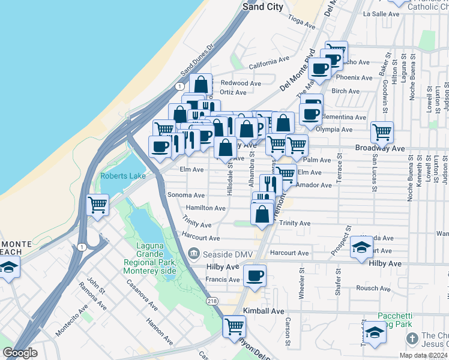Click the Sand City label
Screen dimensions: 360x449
click(x=262, y=7)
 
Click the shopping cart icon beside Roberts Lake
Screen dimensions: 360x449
click(x=98, y=205)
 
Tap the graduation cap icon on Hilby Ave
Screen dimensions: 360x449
click(x=361, y=247)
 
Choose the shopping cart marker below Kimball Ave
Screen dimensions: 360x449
click(x=234, y=327)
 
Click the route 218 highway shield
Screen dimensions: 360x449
click(x=211, y=301)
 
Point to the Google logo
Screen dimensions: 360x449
click(x=20, y=353)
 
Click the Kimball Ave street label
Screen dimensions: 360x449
click(x=264, y=311)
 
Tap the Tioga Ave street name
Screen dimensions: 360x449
click(x=301, y=23)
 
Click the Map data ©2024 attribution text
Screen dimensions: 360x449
click(x=421, y=355)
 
